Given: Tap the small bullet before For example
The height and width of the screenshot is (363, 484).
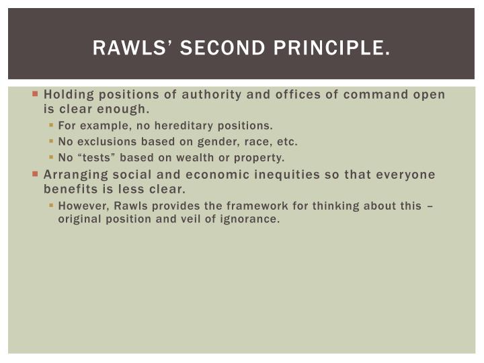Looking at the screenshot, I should (52, 125).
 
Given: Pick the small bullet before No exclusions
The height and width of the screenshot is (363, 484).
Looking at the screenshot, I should (52, 142).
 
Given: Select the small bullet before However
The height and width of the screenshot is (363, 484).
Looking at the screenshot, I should (52, 206).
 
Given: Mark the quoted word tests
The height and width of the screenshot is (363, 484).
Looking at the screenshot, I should (91, 158).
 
